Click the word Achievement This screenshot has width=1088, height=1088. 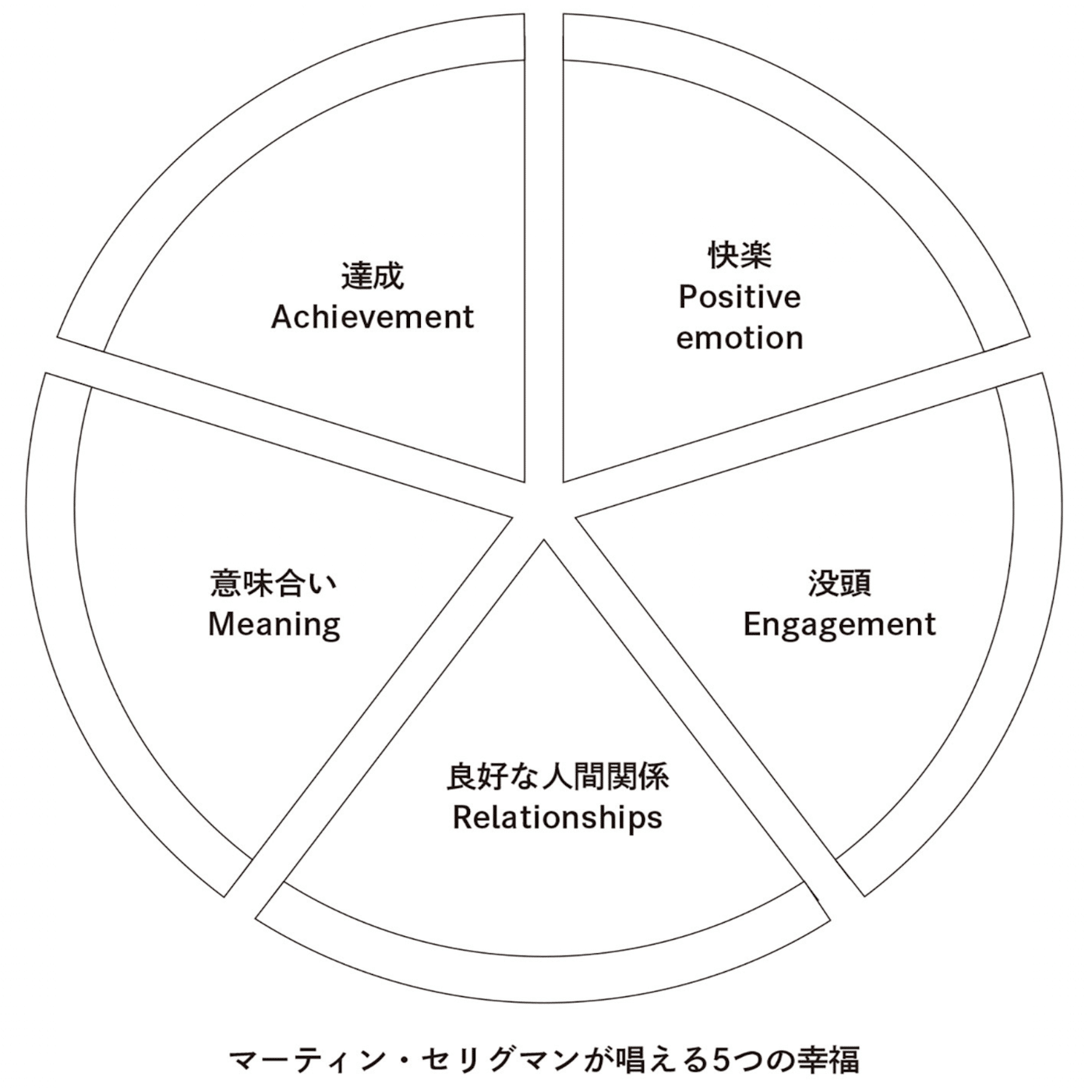pos(372,317)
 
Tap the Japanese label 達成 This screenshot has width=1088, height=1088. pos(372,277)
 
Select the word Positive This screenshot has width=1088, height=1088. pos(739,298)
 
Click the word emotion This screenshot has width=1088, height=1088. pos(739,338)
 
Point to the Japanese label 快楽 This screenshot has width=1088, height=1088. pos(739,256)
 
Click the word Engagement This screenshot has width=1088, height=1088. pos(839,625)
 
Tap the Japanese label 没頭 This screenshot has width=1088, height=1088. pos(839,584)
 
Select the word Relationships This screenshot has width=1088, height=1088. pos(557,818)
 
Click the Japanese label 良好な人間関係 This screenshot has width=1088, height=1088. pos(557,777)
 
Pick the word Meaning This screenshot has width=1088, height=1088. pos(274,625)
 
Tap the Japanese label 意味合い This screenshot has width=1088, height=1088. pos(274,584)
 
